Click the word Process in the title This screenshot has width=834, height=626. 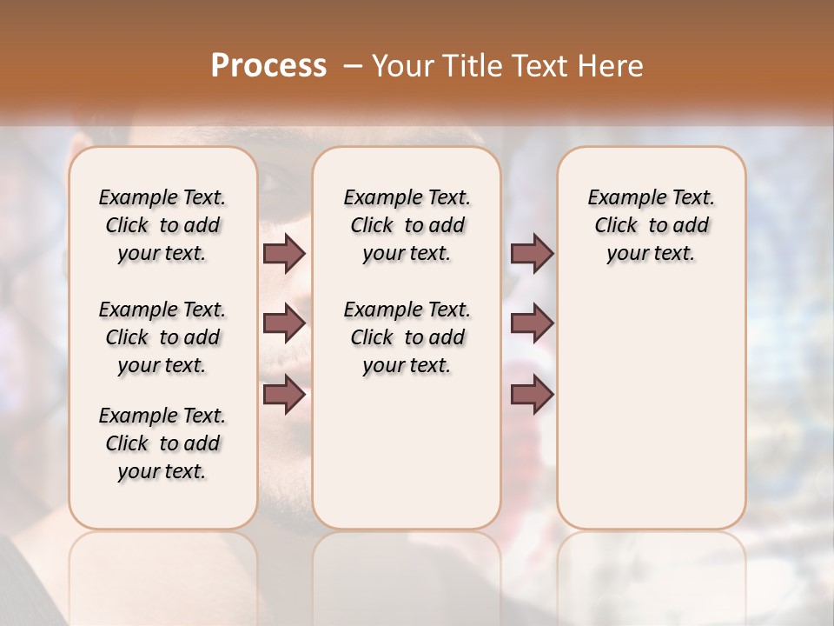click(268, 65)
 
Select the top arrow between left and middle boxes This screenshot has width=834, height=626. click(284, 253)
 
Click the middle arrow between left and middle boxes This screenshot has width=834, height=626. click(284, 323)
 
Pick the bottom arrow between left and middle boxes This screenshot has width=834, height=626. click(284, 395)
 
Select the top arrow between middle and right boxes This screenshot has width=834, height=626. click(532, 253)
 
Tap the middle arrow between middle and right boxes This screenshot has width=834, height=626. click(532, 323)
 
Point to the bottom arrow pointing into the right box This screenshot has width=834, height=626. click(532, 395)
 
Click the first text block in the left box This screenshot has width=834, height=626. click(162, 225)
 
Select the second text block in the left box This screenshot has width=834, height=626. click(162, 337)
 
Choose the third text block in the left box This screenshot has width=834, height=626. click(162, 443)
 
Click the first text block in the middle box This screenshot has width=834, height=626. click(407, 225)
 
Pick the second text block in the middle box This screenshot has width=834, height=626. click(407, 337)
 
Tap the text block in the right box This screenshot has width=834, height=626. click(652, 225)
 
